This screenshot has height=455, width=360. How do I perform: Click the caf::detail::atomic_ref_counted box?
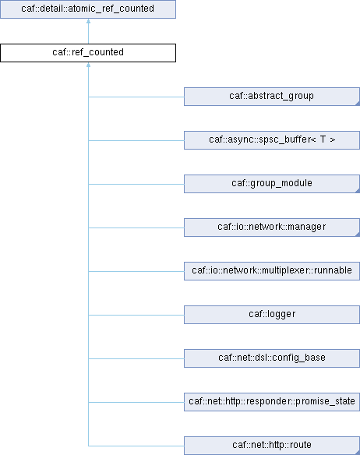tap(88, 9)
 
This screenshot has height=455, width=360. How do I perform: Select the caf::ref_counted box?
tap(88, 53)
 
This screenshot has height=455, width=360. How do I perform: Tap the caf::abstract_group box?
tap(272, 97)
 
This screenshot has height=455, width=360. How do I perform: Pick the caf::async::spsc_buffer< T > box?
tap(272, 140)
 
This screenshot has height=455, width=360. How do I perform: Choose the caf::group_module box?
tap(272, 184)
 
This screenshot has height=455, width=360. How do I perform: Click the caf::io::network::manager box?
tap(272, 227)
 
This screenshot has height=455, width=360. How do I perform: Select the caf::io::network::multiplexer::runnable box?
tap(272, 271)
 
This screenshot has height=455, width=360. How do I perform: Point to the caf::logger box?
tap(272, 315)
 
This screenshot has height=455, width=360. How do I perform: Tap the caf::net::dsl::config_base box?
tap(272, 358)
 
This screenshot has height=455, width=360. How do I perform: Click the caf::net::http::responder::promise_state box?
tap(272, 402)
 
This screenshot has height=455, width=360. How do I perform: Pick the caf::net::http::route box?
tap(272, 446)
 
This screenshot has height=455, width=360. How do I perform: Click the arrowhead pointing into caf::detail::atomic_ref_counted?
tap(88, 21)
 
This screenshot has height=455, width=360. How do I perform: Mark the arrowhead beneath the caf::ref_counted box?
tap(88, 65)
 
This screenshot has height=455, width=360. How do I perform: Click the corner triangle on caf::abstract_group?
tap(358, 104)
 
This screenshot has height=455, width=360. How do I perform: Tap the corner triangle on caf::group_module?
tap(358, 191)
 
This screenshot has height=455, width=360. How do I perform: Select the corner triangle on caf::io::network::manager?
tap(358, 235)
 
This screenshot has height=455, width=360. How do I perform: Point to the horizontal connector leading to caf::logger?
tap(136, 315)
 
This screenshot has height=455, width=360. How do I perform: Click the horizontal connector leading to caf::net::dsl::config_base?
tap(136, 358)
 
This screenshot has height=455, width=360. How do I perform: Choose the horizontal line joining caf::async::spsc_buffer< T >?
tap(136, 141)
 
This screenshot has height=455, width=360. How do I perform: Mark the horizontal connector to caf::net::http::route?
tap(136, 446)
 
